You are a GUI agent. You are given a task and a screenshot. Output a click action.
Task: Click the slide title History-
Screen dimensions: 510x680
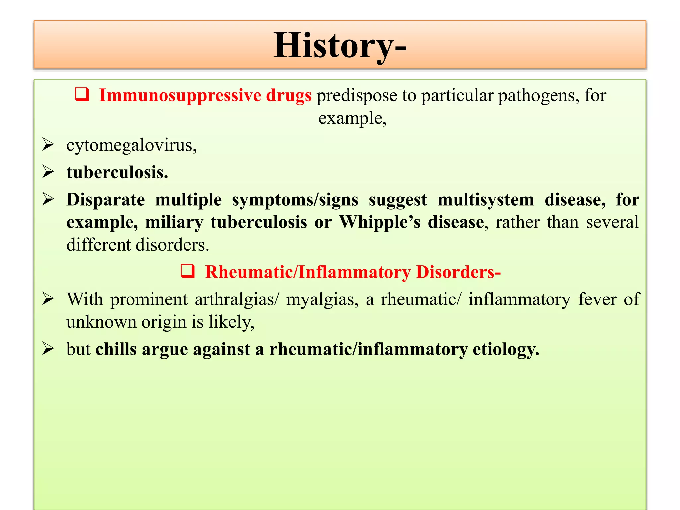[x=340, y=45]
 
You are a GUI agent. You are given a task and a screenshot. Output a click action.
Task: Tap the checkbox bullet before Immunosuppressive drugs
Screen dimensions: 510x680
[x=82, y=94]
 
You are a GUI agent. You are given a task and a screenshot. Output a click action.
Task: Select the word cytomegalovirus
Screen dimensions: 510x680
[x=131, y=146]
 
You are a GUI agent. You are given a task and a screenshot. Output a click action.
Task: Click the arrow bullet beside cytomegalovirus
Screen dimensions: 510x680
[x=48, y=145]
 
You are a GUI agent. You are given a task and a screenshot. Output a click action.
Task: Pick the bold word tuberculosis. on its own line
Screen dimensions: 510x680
[x=117, y=173]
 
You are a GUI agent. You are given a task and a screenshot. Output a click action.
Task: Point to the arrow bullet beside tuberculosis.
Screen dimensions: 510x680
[x=48, y=172]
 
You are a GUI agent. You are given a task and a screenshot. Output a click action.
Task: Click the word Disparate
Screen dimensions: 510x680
[x=106, y=200]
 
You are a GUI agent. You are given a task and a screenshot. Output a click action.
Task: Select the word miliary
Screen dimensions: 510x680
[x=174, y=222]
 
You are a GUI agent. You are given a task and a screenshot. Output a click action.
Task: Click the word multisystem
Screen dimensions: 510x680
[x=485, y=200]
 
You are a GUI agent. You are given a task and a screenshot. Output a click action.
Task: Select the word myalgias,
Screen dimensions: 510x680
[x=322, y=299]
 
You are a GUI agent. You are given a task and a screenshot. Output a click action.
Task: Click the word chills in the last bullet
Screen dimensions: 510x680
[x=116, y=349]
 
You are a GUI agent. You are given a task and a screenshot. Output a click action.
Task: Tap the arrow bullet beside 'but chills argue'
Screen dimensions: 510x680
[x=48, y=349]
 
